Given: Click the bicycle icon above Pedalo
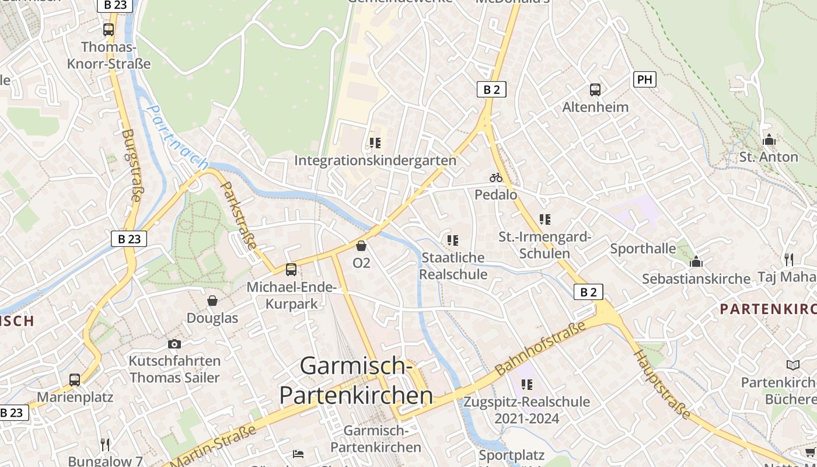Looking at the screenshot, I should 495,177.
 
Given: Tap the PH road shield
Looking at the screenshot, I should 644,79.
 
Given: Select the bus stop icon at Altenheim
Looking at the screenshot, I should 595,90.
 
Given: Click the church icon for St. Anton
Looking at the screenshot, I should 769,140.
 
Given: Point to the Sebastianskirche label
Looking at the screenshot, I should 696,279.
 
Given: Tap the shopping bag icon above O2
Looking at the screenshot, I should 361,246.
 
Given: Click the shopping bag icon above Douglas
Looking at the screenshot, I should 212,301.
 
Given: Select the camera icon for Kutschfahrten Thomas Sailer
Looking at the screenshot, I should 174,344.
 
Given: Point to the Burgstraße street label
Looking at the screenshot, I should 131,165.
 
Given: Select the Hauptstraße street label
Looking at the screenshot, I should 662,385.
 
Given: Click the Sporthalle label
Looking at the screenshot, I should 643,249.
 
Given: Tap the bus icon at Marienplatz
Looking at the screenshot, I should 75,380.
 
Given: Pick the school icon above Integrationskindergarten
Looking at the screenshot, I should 375,143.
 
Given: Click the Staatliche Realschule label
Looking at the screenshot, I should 453,266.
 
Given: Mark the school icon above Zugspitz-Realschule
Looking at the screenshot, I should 526,385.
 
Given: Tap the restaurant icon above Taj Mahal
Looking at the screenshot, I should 789,259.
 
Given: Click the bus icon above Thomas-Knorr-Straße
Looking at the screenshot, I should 109,30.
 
